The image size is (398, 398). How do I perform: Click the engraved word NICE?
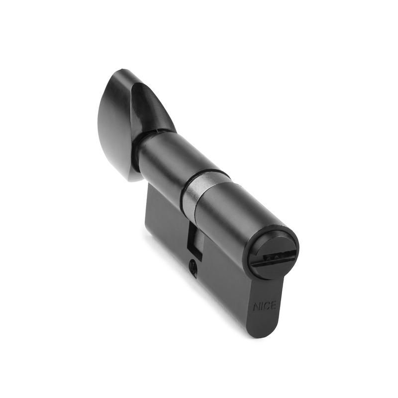[265, 306]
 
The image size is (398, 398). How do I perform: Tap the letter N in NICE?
[256, 307]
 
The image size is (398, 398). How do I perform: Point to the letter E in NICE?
[273, 305]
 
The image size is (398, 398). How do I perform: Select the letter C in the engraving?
[267, 305]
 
